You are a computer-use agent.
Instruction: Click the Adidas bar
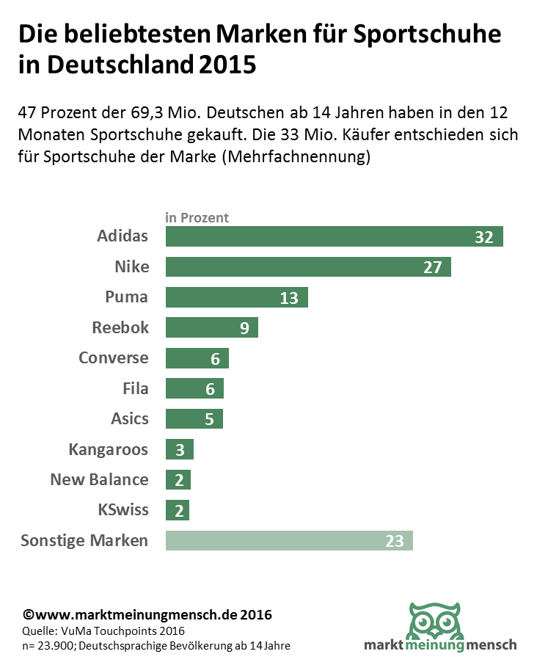(x=334, y=236)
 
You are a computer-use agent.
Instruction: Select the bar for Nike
(x=308, y=266)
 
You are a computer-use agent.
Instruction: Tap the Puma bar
(x=236, y=297)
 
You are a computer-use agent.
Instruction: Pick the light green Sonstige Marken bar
(x=289, y=541)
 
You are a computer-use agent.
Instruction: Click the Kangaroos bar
(x=180, y=449)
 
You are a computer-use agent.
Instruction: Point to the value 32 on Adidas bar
(x=483, y=237)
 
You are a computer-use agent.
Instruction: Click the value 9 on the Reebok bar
(x=244, y=328)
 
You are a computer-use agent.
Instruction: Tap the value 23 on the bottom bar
(x=395, y=542)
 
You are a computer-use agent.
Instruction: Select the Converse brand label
(x=113, y=358)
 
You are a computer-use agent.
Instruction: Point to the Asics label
(x=129, y=419)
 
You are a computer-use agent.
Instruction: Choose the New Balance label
(x=99, y=480)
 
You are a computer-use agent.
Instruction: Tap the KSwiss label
(x=123, y=510)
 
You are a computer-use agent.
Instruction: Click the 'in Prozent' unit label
(x=197, y=218)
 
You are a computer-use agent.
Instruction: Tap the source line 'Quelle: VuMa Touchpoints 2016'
(x=103, y=631)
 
